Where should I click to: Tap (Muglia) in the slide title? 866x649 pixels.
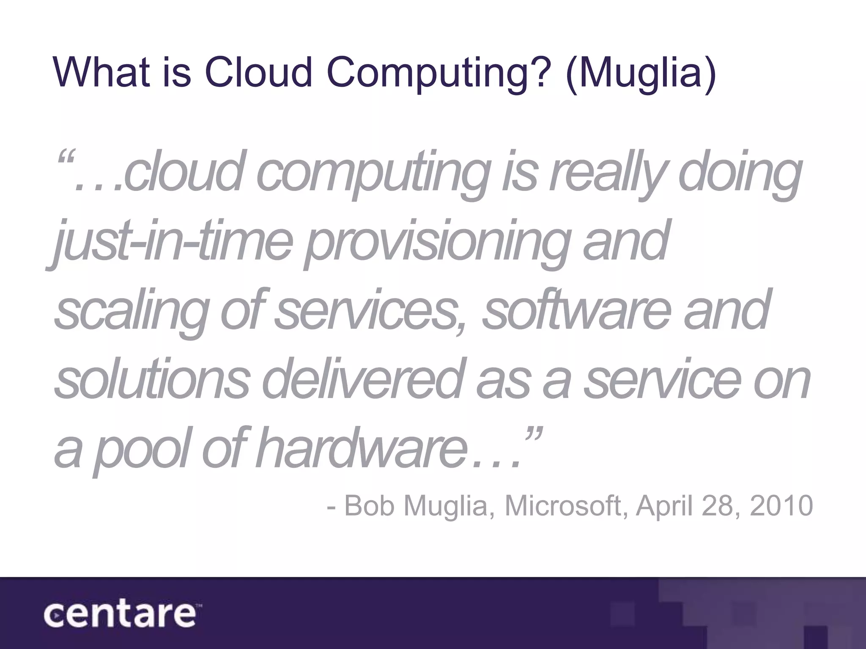[640, 73]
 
